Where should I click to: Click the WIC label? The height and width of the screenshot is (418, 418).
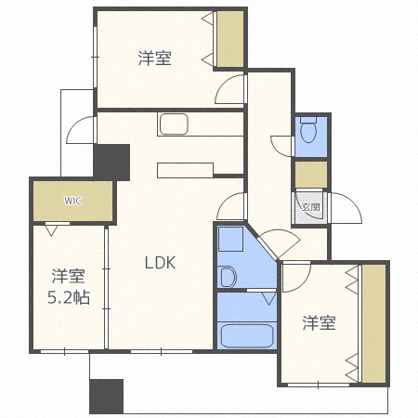[72, 200]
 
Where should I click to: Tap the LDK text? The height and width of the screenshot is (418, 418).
[160, 262]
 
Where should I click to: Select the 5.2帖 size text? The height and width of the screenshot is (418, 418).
[70, 300]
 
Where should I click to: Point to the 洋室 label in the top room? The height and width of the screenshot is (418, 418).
[154, 59]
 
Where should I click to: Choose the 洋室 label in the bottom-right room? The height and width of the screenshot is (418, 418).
[319, 323]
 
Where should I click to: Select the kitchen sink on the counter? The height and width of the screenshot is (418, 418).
[174, 124]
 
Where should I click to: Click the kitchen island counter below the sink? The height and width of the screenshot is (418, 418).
[187, 169]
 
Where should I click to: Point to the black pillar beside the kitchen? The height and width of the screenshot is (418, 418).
[112, 163]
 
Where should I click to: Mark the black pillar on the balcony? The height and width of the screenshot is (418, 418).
[106, 397]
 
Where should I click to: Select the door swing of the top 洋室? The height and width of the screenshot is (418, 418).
[229, 89]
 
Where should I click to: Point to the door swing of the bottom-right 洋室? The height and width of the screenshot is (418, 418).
[295, 275]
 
